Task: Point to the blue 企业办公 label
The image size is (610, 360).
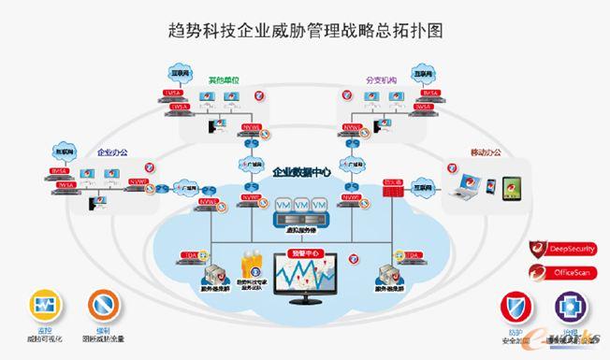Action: click(x=111, y=151)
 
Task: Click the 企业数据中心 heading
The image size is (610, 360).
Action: click(x=302, y=173)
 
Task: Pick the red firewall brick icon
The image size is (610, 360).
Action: click(x=393, y=189)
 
